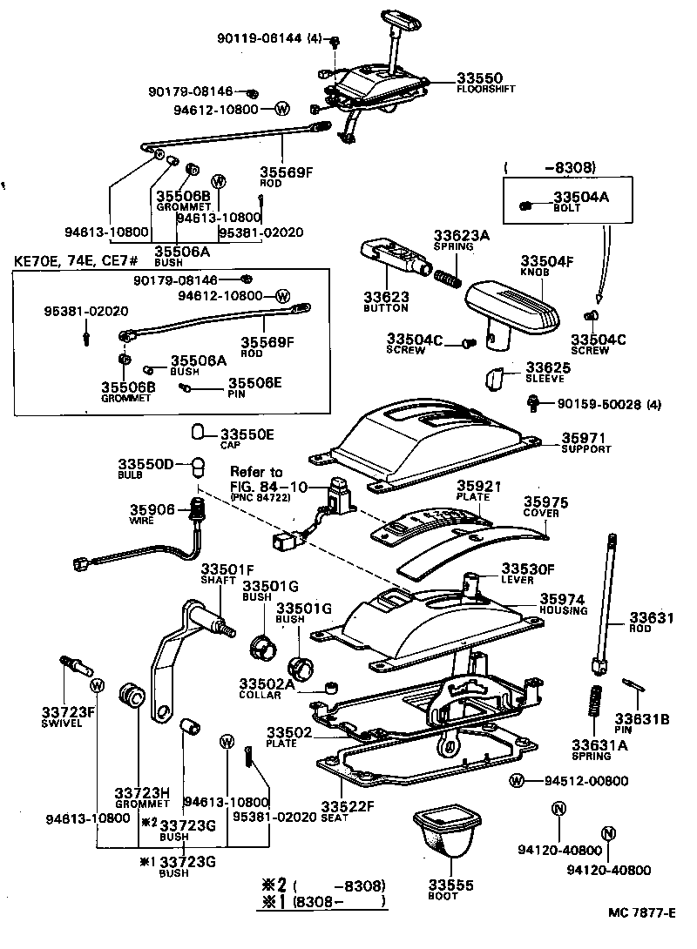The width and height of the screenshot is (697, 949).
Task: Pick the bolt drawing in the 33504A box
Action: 525,205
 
